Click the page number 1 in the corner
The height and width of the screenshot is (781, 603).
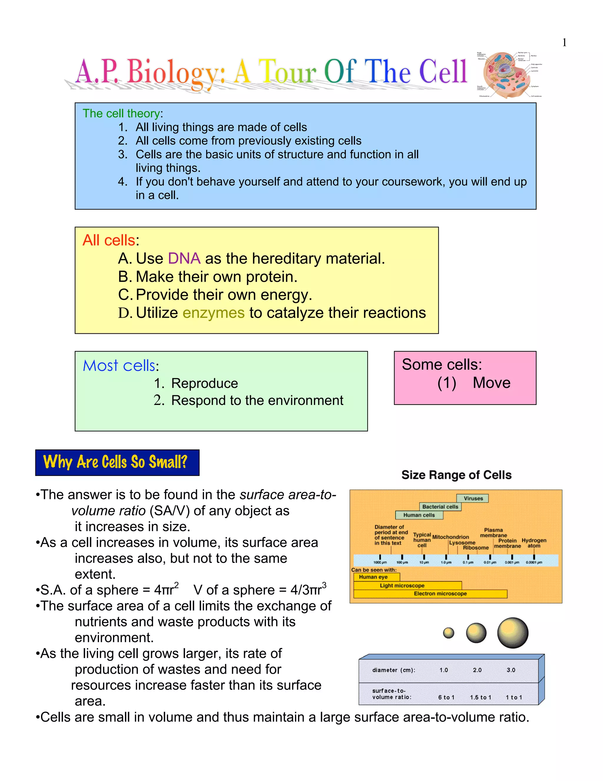[564, 42]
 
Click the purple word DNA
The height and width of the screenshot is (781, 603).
[184, 258]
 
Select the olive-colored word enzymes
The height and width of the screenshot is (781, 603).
[213, 313]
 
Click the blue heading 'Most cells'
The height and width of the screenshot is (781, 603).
[119, 365]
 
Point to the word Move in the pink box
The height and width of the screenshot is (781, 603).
[491, 383]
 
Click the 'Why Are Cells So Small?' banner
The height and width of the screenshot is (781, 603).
[117, 462]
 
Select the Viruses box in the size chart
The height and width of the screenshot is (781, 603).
[473, 498]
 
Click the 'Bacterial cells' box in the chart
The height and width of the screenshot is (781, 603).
[440, 507]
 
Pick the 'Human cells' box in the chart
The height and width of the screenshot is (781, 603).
[419, 515]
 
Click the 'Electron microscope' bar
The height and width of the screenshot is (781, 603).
[440, 594]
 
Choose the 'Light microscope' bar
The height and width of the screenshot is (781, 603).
[402, 585]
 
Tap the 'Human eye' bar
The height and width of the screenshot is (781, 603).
[373, 577]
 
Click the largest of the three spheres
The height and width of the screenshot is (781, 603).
[513, 633]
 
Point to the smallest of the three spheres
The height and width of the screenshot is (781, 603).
[448, 633]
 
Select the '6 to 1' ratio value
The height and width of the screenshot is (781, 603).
[446, 697]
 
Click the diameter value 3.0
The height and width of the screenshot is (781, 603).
[511, 670]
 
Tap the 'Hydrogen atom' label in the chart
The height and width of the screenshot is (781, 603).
[534, 543]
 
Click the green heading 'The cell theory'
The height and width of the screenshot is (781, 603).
[121, 113]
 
